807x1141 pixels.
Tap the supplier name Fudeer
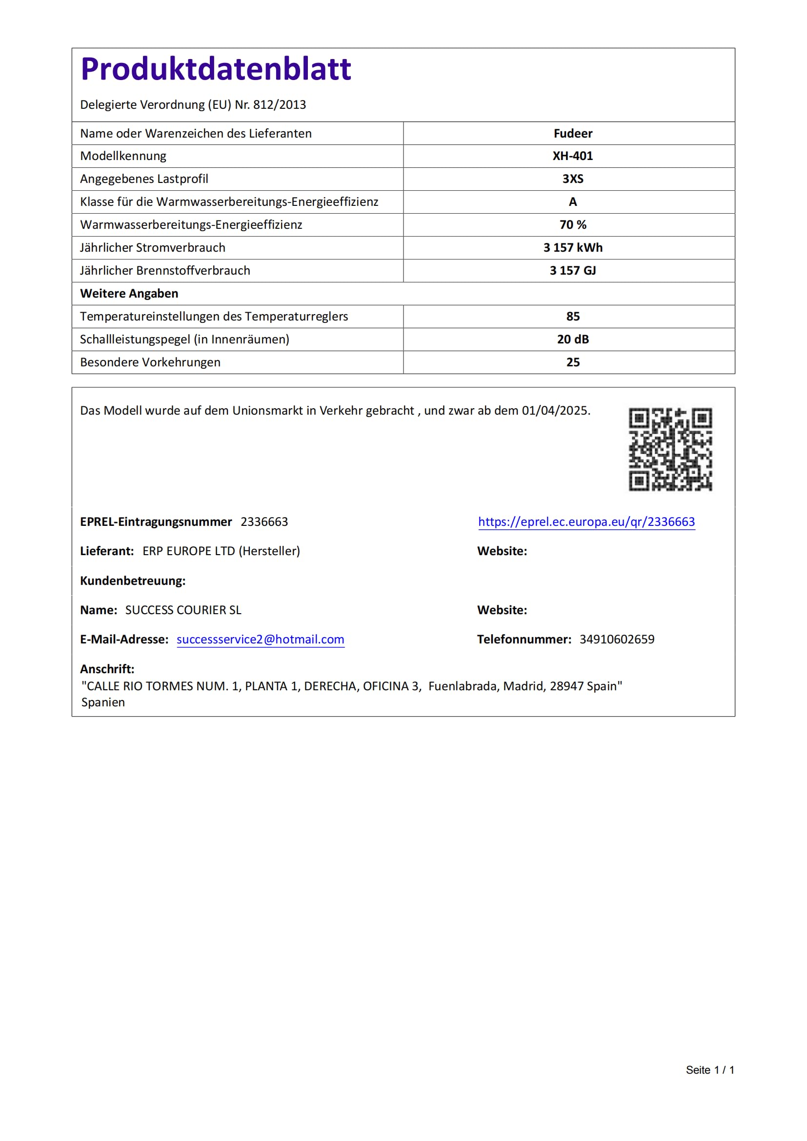tap(572, 133)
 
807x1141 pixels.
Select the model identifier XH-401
tap(572, 156)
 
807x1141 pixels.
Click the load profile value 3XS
tap(572, 179)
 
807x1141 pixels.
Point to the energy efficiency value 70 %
tap(572, 224)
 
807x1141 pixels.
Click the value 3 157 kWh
tap(572, 247)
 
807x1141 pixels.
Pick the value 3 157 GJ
tap(572, 270)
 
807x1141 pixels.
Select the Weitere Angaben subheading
tap(129, 293)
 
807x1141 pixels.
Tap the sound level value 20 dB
tap(572, 339)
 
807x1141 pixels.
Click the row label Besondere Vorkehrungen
tap(150, 362)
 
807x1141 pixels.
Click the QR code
tap(670, 449)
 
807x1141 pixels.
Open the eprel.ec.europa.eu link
tap(586, 522)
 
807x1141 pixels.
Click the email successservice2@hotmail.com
tap(261, 639)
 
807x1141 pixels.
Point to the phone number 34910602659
tap(617, 639)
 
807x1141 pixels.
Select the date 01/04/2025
tap(555, 410)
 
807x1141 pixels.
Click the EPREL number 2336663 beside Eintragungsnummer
tap(264, 522)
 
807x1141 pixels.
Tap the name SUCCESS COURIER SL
tap(183, 610)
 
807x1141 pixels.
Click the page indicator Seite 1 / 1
tap(709, 1070)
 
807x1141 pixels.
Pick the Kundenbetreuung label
tap(133, 581)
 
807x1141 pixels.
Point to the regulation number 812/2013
tap(279, 105)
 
